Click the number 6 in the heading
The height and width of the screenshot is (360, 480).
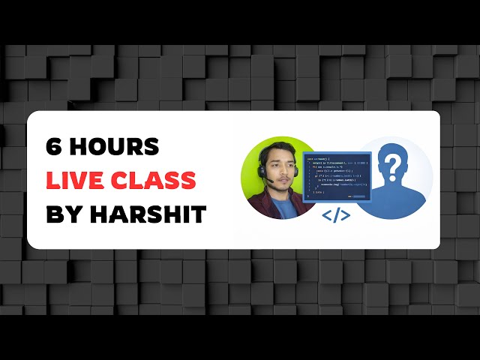[x=54, y=147]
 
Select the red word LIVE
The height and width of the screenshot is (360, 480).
[x=73, y=181]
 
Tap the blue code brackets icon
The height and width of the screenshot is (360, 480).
[x=336, y=216]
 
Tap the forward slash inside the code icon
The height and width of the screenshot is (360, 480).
[x=336, y=216]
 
